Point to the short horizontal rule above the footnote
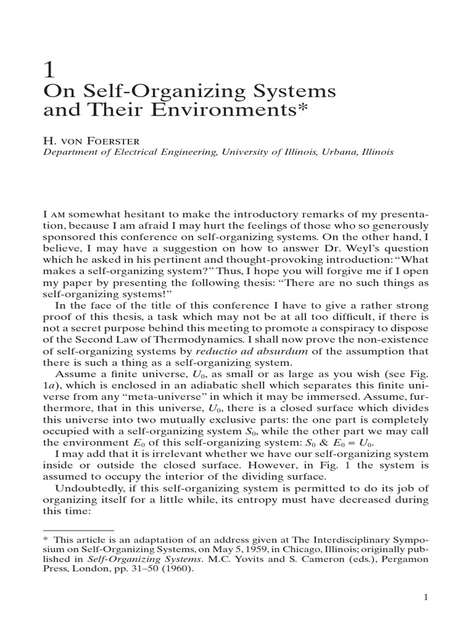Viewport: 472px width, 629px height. [78, 529]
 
